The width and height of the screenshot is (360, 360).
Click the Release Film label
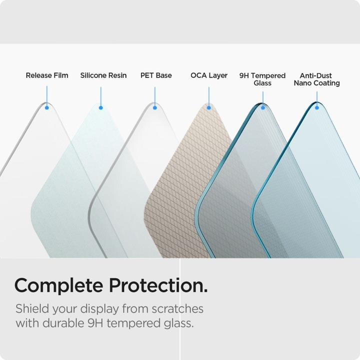pos(47,75)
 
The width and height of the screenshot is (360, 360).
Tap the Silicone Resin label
pos(103,75)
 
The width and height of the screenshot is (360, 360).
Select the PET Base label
pos(156,75)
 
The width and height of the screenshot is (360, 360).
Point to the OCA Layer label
pos(209,75)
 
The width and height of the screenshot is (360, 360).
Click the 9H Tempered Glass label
pos(262,79)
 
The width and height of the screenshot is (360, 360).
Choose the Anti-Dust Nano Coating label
pos(316,79)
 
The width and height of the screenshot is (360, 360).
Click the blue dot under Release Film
pos(47,107)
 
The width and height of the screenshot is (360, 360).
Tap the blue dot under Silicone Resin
pos(100,107)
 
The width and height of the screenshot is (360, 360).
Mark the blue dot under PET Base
pos(155,107)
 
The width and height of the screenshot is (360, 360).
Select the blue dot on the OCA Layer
pos(209,107)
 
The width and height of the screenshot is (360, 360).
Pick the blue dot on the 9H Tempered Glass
pos(262,107)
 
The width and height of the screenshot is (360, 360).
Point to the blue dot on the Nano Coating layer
pos(316,107)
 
